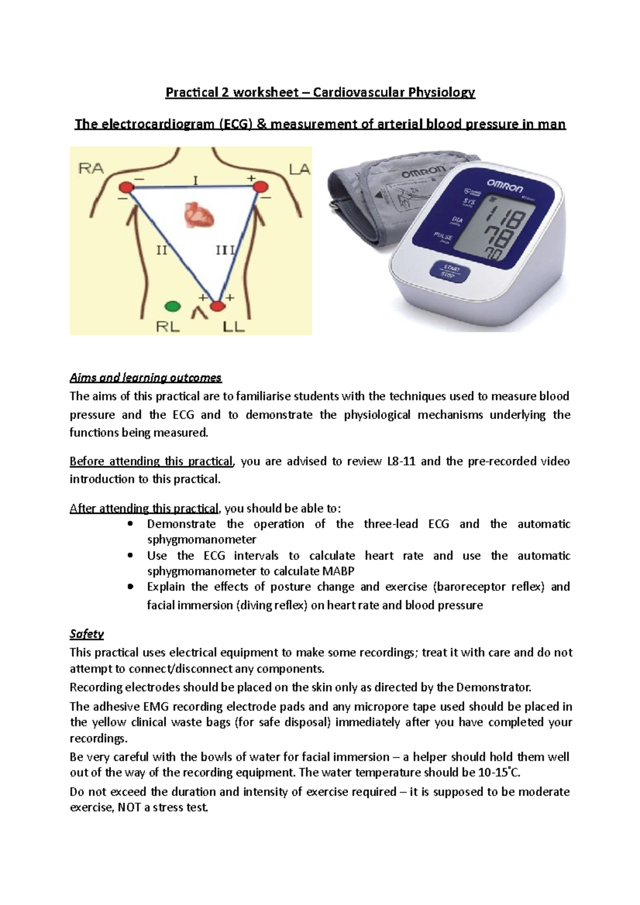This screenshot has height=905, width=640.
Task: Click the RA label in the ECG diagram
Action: (91, 169)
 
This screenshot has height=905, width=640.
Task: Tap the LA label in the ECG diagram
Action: (299, 169)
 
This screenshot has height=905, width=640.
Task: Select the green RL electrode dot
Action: (172, 306)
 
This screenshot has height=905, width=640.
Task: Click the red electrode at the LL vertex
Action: (217, 306)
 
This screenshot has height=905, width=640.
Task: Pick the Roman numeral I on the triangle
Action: (195, 181)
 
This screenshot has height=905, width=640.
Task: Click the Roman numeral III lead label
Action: (225, 249)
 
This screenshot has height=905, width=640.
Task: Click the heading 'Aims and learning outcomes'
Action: (145, 378)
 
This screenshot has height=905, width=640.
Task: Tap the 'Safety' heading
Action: (86, 634)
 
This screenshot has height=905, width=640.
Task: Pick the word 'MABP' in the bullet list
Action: (339, 571)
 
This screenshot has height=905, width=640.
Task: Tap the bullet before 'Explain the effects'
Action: (130, 587)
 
